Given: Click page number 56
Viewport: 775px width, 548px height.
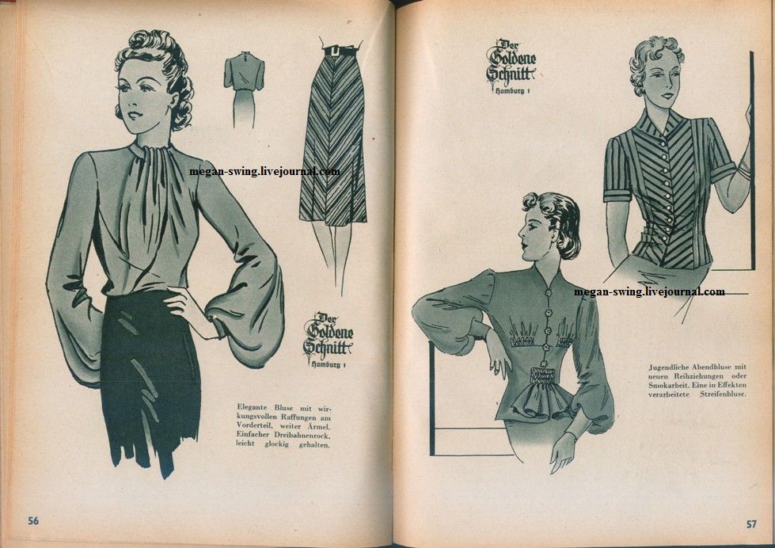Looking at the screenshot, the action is (x=33, y=520).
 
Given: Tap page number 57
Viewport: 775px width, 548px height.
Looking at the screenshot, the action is (x=751, y=523).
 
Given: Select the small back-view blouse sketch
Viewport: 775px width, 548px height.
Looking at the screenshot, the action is (x=244, y=89).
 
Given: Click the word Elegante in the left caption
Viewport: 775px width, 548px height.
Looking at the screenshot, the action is (x=253, y=408).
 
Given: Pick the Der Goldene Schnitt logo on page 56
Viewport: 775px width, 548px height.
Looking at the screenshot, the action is (x=328, y=340).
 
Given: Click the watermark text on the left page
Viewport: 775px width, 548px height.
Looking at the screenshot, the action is (x=264, y=172).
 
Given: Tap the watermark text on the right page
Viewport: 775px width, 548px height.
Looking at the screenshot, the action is (x=649, y=291).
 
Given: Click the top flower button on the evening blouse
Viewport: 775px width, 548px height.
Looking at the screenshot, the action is (x=548, y=293).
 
